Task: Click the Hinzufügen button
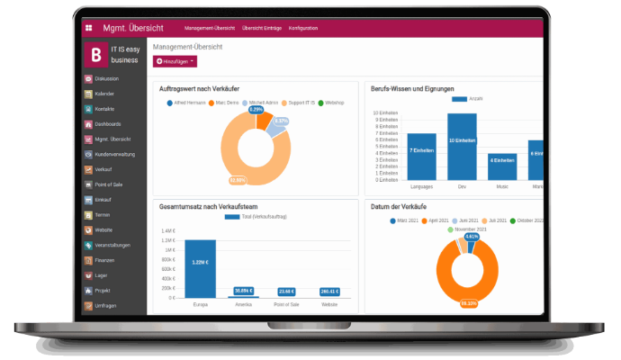coord(175,60)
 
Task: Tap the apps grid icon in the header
coord(88,28)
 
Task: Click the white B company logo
coord(97,55)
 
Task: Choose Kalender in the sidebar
coord(104,94)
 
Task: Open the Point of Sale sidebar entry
coord(108,184)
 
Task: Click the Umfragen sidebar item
coord(107,304)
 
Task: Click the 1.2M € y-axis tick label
coord(168,240)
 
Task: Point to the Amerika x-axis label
coord(243,304)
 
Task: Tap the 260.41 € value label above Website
coord(328,292)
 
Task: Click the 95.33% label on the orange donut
coord(468,304)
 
